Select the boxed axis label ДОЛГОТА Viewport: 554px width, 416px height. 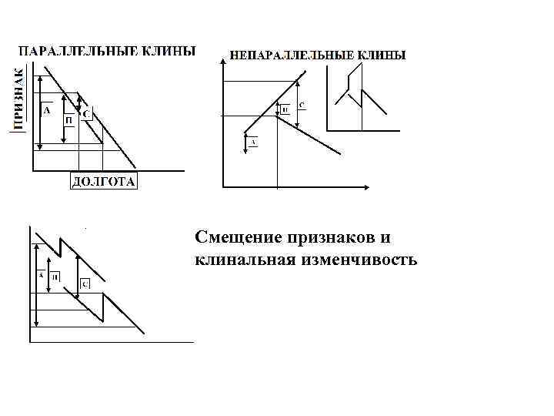[104, 182]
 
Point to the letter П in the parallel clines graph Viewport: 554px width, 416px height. [69, 120]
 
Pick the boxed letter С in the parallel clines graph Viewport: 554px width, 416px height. [86, 115]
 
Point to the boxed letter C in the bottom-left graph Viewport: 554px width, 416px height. [85, 284]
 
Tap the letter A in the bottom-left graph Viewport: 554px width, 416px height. [40, 275]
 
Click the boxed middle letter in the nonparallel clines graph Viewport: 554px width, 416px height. [285, 111]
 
